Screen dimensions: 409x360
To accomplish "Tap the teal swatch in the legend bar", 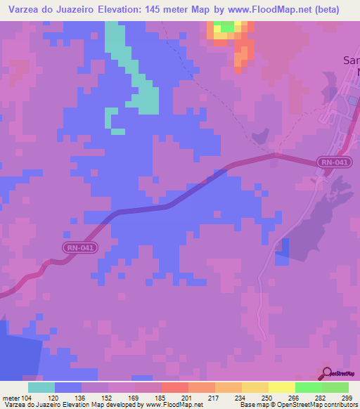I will point(41,387).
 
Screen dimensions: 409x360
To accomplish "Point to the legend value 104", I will point(22,397).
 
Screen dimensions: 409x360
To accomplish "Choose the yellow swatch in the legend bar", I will point(281,387).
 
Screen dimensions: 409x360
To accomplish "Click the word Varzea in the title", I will point(26,10).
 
